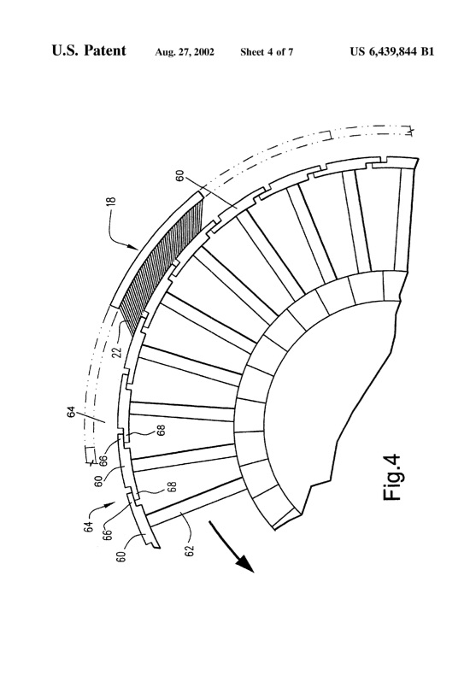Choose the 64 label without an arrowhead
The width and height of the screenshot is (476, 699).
[73, 417]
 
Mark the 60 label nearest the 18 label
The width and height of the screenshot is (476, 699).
[178, 177]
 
